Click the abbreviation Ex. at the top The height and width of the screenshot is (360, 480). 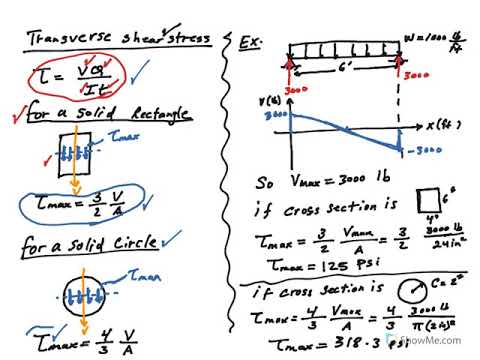point(251,43)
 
